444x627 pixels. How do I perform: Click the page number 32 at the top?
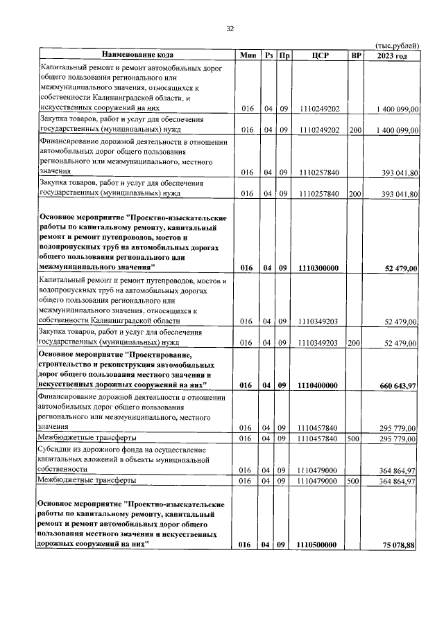pos(230,28)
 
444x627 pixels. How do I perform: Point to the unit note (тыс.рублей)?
pos(397,44)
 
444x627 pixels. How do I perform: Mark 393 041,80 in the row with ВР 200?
pos(398,194)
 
